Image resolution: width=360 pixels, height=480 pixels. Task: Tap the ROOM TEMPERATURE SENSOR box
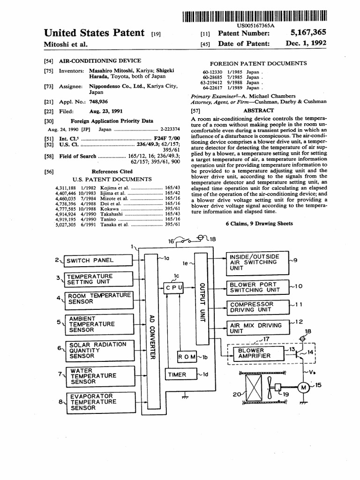click(99, 299)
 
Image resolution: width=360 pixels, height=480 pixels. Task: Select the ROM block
click(187, 357)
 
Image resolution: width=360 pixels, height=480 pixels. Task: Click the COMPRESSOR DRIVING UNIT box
click(257, 307)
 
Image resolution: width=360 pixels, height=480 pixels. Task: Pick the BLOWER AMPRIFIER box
click(255, 353)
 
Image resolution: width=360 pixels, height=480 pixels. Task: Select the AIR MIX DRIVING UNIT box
click(257, 328)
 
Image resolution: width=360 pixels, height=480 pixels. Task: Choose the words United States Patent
click(94, 33)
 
